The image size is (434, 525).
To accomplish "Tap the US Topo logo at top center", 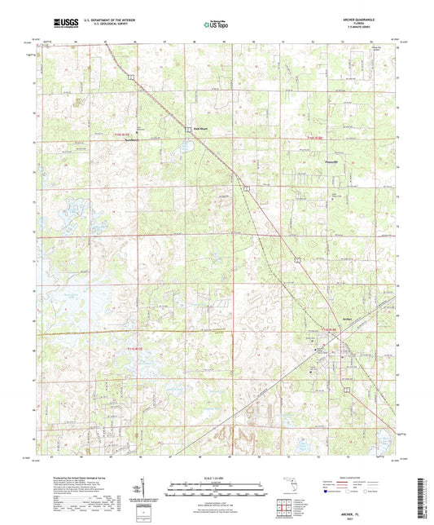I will click(x=216, y=24).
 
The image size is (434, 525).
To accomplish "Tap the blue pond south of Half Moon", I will click(x=186, y=148).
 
